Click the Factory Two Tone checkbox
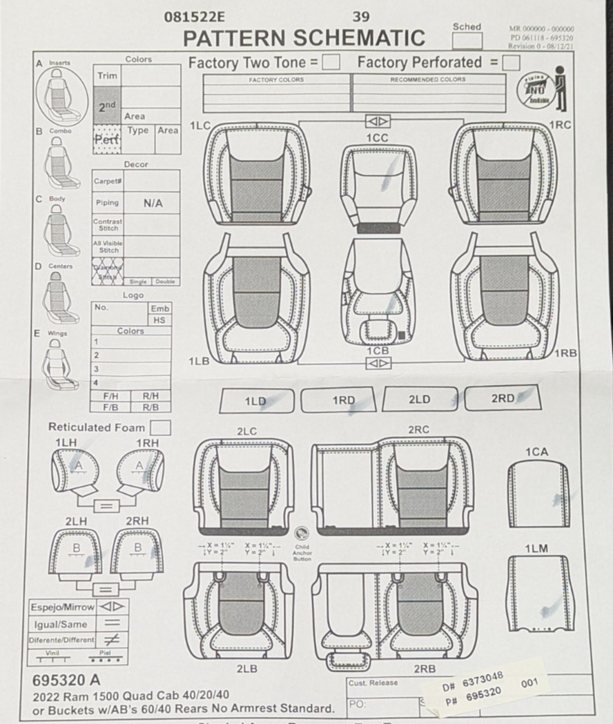click(331, 63)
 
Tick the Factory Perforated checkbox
click(511, 63)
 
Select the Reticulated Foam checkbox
click(160, 428)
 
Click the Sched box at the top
click(467, 40)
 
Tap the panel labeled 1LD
click(256, 401)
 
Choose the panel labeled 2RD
click(503, 398)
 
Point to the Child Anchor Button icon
click(301, 534)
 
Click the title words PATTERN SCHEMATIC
click(304, 38)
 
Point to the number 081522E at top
click(194, 17)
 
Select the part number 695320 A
click(66, 681)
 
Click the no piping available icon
click(543, 90)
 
